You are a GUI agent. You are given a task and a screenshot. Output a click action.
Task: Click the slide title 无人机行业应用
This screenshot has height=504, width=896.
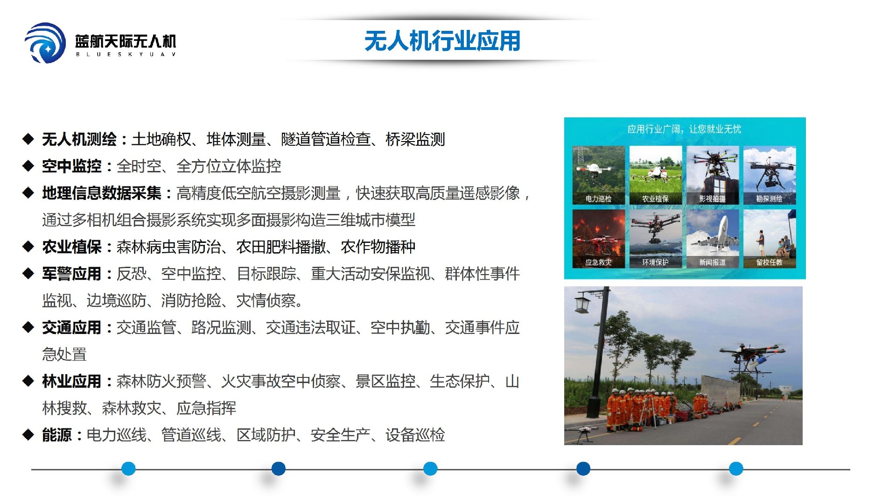click(442, 41)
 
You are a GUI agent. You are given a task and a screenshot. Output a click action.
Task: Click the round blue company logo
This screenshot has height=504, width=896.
click(45, 43)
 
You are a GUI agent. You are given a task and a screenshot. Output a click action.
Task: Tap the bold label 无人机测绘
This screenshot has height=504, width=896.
click(79, 139)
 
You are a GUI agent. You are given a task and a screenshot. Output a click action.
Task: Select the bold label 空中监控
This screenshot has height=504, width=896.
click(71, 166)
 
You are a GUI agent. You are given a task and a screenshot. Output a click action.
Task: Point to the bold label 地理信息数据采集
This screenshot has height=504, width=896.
click(101, 193)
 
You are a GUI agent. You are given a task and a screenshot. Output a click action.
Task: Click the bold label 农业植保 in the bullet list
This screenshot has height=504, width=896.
click(71, 247)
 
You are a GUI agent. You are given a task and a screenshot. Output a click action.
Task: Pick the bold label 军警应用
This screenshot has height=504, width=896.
click(71, 274)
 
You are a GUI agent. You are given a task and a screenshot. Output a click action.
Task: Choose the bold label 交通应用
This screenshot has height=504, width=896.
click(71, 328)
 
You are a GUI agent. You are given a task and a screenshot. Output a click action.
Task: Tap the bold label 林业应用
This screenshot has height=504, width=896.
click(71, 382)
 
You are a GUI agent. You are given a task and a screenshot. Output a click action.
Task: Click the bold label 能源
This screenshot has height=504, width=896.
click(56, 435)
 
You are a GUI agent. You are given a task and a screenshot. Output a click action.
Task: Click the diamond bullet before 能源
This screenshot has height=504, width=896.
click(28, 435)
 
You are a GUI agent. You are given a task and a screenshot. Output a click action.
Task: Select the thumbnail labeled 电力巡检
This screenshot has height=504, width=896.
click(598, 175)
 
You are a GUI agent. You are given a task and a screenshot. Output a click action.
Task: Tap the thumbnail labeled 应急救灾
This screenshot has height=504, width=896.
click(598, 239)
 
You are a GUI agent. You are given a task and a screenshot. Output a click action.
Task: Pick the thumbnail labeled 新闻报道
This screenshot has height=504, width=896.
click(713, 239)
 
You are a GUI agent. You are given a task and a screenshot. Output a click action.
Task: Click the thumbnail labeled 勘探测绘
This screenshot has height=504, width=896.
click(770, 175)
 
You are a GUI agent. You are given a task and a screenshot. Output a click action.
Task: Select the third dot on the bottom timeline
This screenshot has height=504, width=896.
click(430, 469)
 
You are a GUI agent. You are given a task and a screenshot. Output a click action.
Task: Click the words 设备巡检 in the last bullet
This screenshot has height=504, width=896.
click(415, 435)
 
